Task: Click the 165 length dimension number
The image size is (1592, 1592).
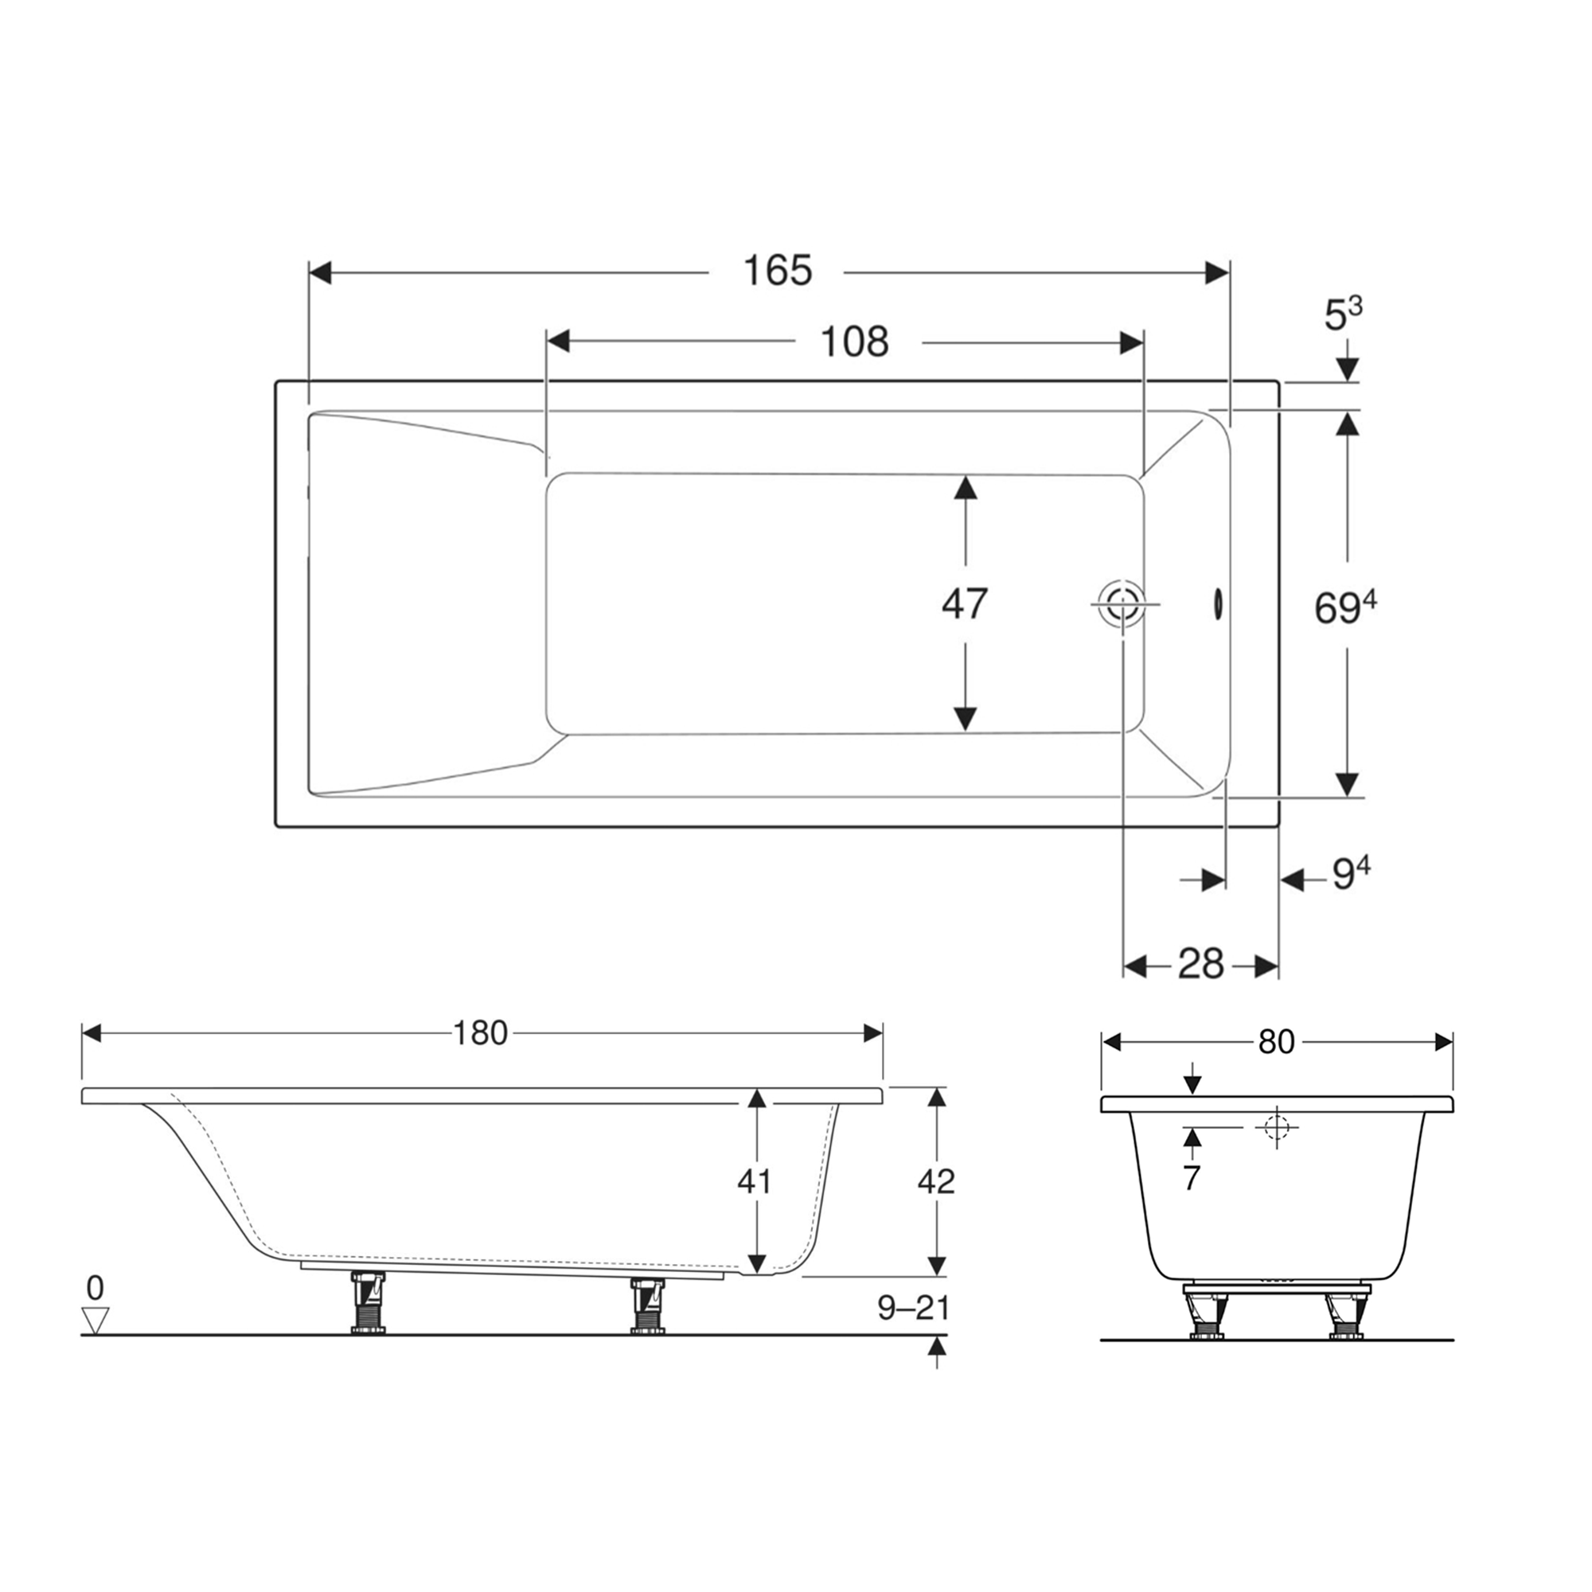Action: click(777, 271)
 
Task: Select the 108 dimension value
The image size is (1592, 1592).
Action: click(854, 341)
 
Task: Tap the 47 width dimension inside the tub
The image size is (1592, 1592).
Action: click(964, 603)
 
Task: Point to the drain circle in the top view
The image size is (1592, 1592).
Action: click(1122, 604)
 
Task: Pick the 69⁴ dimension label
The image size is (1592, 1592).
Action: click(1344, 608)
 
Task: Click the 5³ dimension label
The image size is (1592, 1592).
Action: click(1342, 314)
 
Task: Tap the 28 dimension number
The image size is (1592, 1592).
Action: click(1200, 963)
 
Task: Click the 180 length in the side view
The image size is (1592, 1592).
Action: click(481, 1032)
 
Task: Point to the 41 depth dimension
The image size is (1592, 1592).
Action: click(754, 1180)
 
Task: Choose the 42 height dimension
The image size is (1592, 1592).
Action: click(936, 1180)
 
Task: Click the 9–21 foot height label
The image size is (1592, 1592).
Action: click(913, 1308)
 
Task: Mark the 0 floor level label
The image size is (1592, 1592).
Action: click(96, 1286)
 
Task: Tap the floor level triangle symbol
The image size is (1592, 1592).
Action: click(97, 1319)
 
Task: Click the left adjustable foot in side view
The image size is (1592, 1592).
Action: click(367, 1303)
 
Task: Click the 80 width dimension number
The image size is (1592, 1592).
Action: click(1277, 1043)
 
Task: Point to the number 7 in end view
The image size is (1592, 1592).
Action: click(1192, 1178)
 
